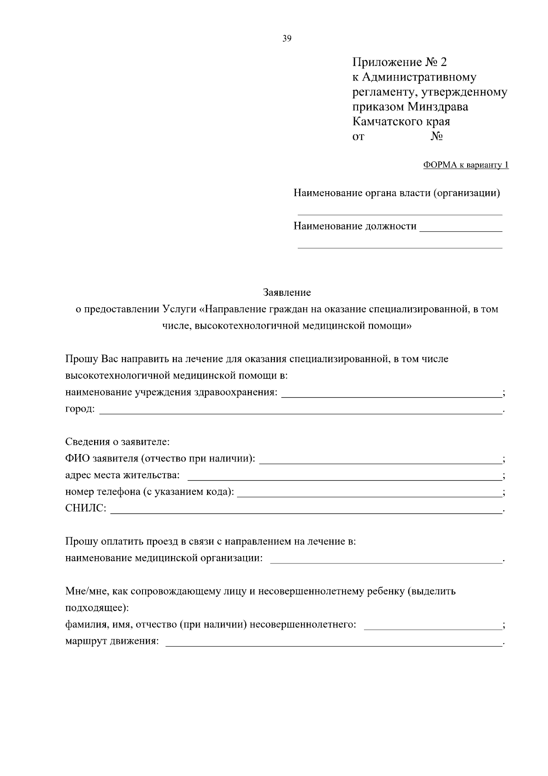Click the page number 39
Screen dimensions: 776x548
pos(287,39)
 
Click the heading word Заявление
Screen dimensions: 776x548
pos(287,292)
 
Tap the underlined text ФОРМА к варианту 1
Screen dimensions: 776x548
pos(466,165)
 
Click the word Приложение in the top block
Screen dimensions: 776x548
pos(387,62)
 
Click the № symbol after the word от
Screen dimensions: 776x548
pos(437,137)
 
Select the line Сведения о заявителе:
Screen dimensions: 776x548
pos(117,442)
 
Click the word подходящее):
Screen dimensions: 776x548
pos(97,609)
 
